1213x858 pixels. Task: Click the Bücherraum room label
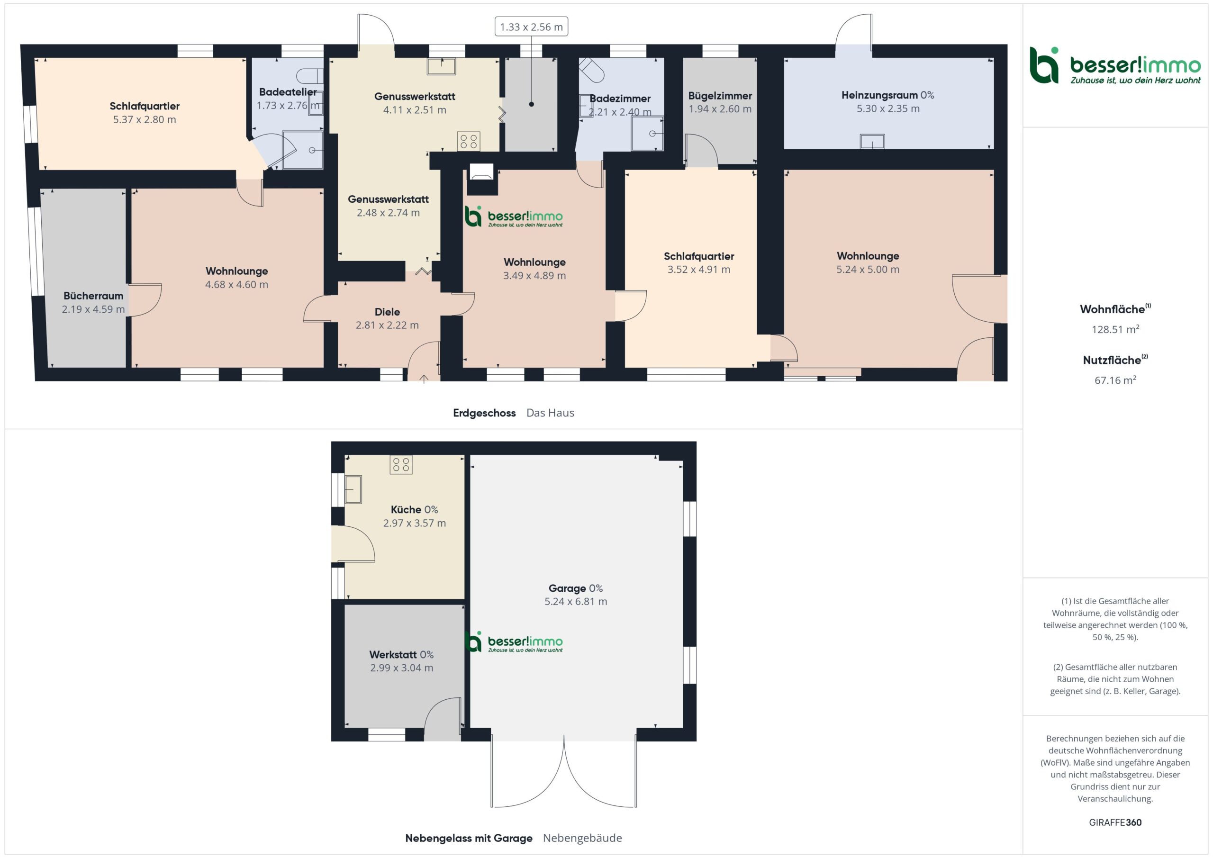click(93, 296)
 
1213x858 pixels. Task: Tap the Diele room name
click(387, 312)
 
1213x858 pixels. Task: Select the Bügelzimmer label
click(720, 96)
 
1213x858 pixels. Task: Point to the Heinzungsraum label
click(879, 95)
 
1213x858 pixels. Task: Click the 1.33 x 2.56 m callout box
click(531, 27)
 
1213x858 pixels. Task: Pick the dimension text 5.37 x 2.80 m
click(144, 119)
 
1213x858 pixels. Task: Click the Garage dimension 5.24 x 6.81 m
click(575, 601)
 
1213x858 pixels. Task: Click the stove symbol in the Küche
click(401, 465)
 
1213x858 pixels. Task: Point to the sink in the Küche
click(353, 489)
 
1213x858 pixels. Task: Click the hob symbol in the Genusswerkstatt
click(469, 141)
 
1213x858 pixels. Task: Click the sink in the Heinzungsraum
click(872, 142)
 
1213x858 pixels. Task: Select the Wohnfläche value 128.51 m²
click(1115, 329)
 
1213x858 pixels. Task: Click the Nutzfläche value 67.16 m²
click(1115, 380)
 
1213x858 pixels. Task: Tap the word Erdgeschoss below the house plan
click(484, 413)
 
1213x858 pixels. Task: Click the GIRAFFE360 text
click(1115, 822)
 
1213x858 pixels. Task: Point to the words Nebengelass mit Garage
click(469, 838)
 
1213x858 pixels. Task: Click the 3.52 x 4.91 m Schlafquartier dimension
click(698, 270)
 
